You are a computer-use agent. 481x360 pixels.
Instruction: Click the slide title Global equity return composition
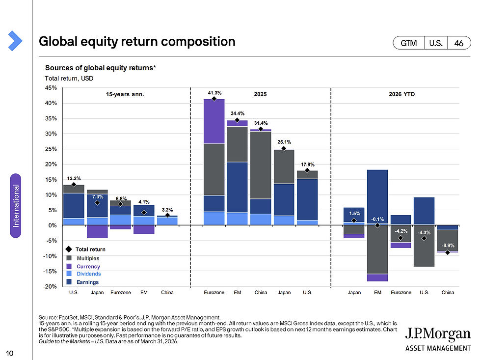[137, 42]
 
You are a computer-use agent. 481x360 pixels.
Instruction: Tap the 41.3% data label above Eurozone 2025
[214, 92]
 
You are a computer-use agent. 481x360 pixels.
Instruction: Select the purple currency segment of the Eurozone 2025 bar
[214, 121]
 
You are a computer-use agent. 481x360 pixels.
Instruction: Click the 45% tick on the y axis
[51, 88]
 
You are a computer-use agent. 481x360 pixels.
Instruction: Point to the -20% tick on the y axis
[51, 286]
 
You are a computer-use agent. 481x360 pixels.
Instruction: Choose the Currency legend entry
[88, 266]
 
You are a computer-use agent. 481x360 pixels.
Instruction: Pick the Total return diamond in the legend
[69, 249]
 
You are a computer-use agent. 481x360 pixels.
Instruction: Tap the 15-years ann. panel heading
[125, 93]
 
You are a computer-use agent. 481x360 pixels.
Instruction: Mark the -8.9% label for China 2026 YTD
[448, 245]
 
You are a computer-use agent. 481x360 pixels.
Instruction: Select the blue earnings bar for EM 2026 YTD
[377, 196]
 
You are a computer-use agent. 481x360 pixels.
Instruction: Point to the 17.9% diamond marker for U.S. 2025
[307, 170]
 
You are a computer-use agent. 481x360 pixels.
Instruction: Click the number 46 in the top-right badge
[459, 43]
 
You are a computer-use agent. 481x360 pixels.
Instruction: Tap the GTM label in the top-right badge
[409, 43]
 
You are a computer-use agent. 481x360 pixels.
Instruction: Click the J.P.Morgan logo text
[437, 335]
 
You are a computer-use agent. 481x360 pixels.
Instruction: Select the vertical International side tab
[16, 205]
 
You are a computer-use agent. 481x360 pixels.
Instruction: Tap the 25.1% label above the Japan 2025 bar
[284, 142]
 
